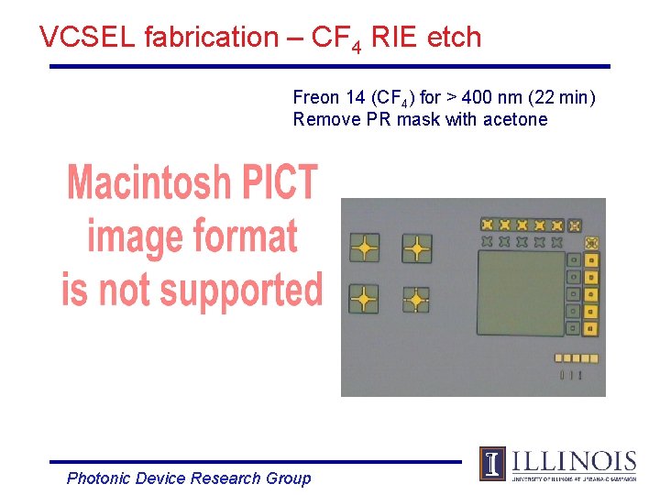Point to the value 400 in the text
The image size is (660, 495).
(477, 97)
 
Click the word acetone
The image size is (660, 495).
(517, 119)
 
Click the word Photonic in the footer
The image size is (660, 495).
(98, 478)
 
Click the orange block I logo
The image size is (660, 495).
(492, 464)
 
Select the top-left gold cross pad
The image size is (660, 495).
(365, 247)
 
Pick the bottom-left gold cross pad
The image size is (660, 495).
(365, 299)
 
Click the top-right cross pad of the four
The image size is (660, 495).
(417, 247)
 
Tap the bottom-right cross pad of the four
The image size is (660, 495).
(417, 299)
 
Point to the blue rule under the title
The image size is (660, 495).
(330, 66)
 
